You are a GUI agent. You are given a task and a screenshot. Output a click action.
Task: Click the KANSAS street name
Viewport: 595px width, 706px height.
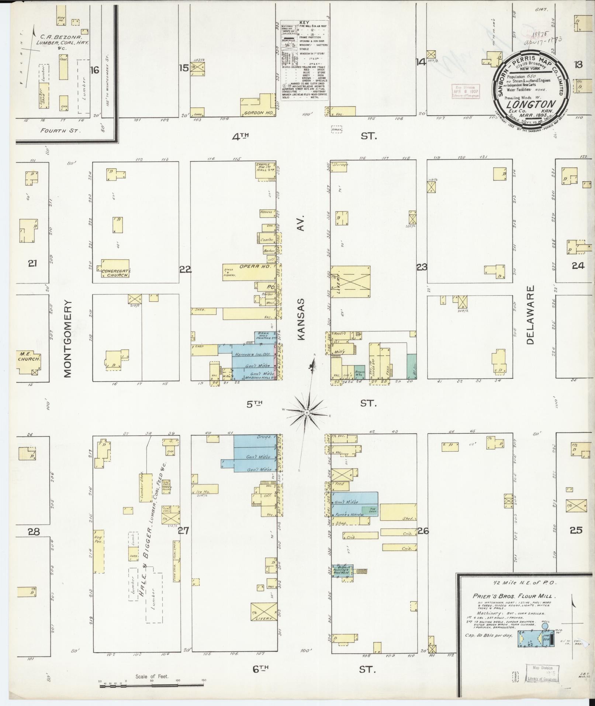pos(302,319)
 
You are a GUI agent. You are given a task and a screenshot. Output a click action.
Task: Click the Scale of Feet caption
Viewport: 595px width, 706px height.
pos(152,676)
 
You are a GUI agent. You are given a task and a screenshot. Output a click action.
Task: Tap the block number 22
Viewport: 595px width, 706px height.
pos(185,270)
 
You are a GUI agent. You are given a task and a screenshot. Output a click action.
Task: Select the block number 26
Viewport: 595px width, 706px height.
pos(423,531)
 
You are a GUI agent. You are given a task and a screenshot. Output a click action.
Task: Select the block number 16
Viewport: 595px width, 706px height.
pos(95,70)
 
